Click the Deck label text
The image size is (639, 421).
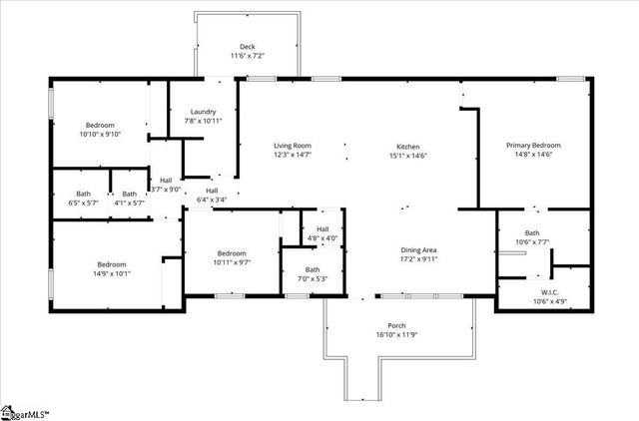(247, 47)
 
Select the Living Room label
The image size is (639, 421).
(293, 147)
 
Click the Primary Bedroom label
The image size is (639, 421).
(533, 147)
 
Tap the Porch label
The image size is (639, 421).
(396, 326)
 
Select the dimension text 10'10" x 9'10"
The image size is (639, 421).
(100, 134)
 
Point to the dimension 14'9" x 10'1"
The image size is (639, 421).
(112, 273)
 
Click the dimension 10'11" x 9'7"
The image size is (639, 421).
(232, 262)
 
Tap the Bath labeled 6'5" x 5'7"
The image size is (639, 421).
(83, 203)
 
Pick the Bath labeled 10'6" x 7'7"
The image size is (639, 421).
(546, 241)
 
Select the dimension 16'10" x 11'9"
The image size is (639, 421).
(396, 336)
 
